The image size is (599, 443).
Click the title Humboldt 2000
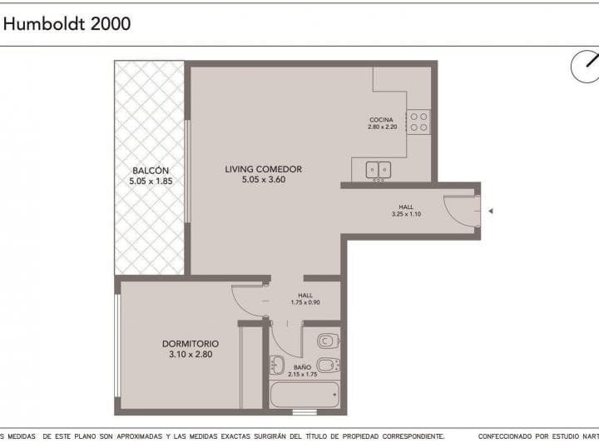click(67, 23)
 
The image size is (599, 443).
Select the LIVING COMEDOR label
click(263, 169)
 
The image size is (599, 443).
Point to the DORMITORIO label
click(190, 343)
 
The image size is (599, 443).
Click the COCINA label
click(381, 120)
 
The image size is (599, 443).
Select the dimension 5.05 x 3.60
click(263, 180)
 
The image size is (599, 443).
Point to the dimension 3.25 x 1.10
click(405, 215)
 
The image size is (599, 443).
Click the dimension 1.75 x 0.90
click(304, 302)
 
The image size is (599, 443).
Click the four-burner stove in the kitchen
click(418, 122)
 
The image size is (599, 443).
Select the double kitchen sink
click(379, 170)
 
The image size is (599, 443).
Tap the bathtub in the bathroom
click(304, 395)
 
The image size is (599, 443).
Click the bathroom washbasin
click(277, 364)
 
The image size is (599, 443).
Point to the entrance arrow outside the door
click(491, 212)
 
